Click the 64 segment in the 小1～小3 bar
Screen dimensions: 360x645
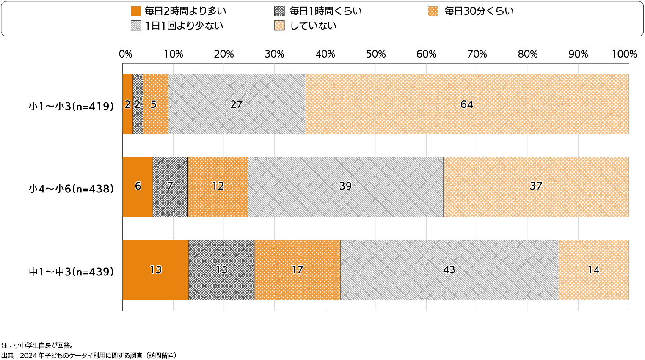(466, 104)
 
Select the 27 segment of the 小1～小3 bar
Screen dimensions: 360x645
(236, 104)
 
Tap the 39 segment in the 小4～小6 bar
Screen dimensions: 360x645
(345, 187)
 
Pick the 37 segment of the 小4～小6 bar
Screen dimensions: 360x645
(536, 187)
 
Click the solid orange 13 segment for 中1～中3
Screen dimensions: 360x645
(155, 270)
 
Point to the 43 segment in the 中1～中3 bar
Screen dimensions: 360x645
(449, 270)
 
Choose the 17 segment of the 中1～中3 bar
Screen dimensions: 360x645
(297, 270)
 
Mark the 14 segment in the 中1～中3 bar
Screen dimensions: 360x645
(593, 270)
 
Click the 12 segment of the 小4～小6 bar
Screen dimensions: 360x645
(218, 187)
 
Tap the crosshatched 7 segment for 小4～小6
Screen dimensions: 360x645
(170, 187)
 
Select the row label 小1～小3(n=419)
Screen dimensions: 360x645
(72, 106)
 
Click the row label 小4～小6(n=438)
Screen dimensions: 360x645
(72, 189)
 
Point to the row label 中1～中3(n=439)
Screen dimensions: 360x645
(72, 272)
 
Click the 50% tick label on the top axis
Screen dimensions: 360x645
(376, 54)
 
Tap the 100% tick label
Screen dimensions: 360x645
(624, 54)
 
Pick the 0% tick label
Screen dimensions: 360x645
(125, 54)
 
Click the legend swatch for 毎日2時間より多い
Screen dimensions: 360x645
(136, 11)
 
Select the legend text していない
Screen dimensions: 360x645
(313, 26)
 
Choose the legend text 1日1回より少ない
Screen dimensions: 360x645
(184, 26)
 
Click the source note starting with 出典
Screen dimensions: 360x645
(89, 355)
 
